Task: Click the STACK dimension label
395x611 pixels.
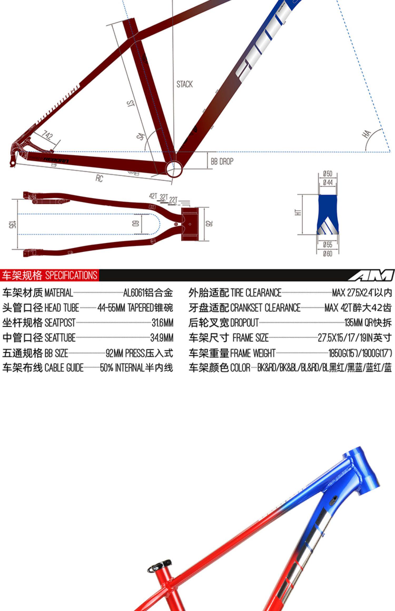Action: coord(184,84)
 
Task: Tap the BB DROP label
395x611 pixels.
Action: coord(222,161)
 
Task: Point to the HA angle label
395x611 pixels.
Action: coord(367,134)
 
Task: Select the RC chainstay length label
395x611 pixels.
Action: coord(99,178)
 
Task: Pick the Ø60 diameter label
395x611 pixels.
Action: coord(328,254)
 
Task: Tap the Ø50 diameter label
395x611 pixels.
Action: coord(328,174)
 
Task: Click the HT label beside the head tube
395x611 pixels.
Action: coord(298,212)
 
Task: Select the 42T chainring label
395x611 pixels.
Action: coord(153,196)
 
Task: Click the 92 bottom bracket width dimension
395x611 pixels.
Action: coord(209,224)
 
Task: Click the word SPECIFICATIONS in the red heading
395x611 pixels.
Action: coord(71,275)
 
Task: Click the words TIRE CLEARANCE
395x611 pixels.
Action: coord(256,293)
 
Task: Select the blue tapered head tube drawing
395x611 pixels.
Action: coord(328,214)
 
